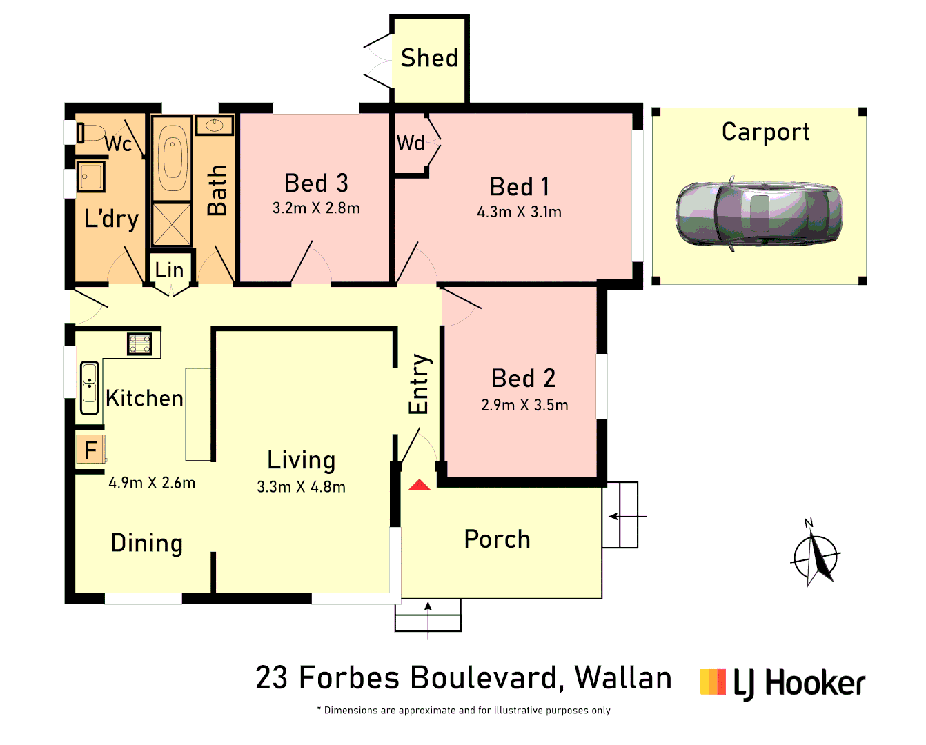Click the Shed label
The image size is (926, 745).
429,58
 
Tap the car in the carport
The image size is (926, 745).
758,212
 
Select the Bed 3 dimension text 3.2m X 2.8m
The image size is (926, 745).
316,208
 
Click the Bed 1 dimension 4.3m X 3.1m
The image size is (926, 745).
519,212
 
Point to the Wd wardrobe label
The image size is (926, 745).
411,143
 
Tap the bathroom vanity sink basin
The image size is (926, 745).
215,126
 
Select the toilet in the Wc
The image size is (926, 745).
90,132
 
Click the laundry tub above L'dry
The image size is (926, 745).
90,177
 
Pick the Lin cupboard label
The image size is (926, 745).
170,270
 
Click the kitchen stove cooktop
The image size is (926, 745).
139,343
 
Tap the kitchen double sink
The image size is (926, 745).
89,384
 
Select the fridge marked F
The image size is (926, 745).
90,450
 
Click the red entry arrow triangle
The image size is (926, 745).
419,486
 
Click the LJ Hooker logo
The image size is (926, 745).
782,683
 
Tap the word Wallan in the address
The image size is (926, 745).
623,678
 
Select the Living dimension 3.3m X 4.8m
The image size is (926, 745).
301,487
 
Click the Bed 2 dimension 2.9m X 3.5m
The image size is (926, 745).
524,406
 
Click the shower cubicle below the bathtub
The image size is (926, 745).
172,224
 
